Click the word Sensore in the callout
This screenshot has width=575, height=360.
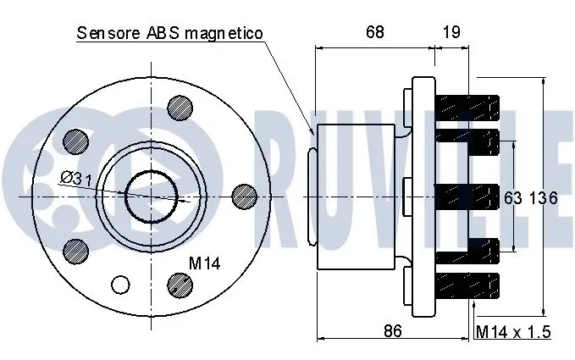click(107, 33)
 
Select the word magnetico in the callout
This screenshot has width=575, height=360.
click(224, 33)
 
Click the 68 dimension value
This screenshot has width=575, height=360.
click(373, 32)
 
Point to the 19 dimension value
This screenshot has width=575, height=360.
click(451, 32)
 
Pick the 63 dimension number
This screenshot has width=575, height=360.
click(513, 198)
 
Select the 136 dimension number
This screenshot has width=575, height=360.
click(542, 198)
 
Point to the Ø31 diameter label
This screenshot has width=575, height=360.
click(76, 178)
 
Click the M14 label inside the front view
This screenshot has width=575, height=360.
click(203, 263)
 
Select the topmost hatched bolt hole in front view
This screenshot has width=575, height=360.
click(179, 107)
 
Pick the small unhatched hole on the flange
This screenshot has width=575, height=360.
click(121, 284)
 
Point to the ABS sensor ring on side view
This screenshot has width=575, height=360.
click(311, 197)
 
